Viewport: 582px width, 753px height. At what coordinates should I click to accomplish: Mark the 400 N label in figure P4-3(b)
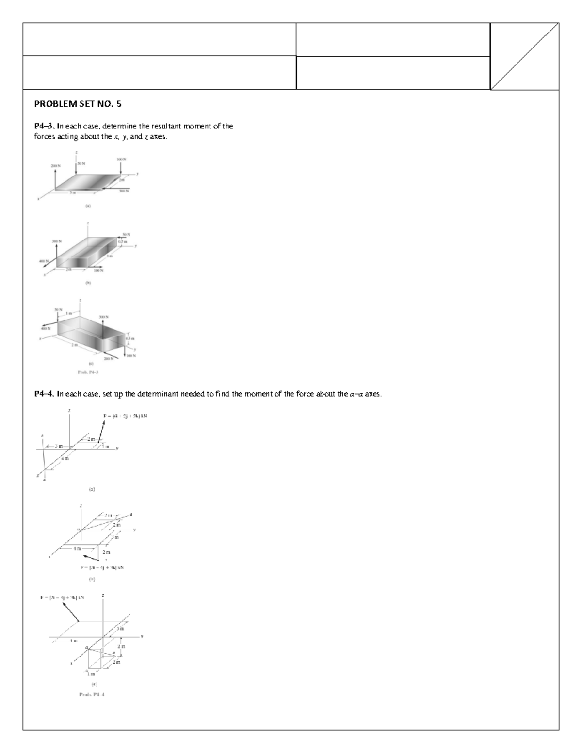pyautogui.click(x=44, y=261)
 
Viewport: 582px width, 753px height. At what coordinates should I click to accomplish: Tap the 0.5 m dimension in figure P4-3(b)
pyautogui.click(x=124, y=241)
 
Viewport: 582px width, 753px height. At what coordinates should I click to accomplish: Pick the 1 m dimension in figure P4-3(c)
pyautogui.click(x=69, y=313)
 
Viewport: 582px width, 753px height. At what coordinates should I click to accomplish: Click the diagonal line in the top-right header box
pyautogui.click(x=524, y=56)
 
